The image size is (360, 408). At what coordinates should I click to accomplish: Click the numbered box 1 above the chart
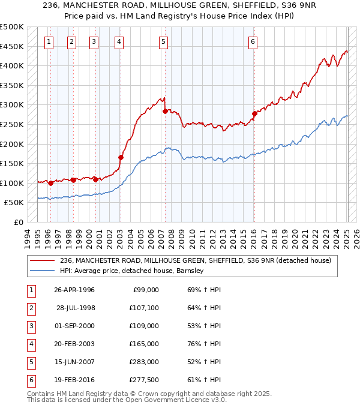click(x=49, y=41)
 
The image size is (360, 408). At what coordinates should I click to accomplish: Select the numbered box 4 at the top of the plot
click(x=119, y=41)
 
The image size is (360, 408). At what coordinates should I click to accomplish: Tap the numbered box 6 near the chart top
click(x=253, y=41)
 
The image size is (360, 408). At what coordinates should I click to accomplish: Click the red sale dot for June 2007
click(x=164, y=111)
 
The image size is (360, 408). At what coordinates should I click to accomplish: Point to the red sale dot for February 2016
click(x=254, y=113)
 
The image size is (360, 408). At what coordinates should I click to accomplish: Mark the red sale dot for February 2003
click(x=121, y=157)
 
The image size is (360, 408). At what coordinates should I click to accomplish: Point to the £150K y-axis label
click(x=12, y=164)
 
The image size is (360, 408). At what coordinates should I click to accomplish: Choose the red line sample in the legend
click(x=43, y=260)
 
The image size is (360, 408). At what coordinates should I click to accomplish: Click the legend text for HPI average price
click(x=132, y=271)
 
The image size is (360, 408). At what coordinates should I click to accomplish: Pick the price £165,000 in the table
click(x=144, y=344)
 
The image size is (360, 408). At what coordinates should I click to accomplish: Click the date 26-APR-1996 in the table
click(x=74, y=290)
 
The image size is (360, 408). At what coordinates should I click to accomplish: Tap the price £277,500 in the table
click(x=144, y=380)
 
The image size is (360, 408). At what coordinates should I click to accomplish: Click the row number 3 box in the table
click(x=30, y=326)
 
